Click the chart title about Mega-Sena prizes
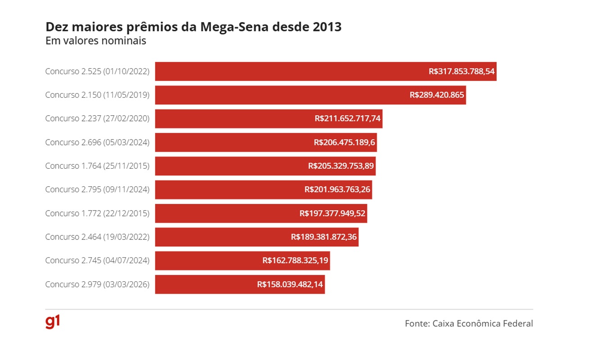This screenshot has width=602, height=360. tap(194, 27)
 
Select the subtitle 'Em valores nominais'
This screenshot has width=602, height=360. tap(95, 40)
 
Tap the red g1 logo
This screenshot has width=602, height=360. tap(53, 322)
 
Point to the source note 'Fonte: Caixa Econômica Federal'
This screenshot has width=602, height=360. tap(469, 324)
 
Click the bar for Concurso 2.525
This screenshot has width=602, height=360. tap(288, 72)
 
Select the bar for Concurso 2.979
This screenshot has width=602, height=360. tap(203, 284)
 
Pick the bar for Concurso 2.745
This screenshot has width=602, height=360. tap(207, 261)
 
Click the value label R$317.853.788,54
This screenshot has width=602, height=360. tap(462, 72)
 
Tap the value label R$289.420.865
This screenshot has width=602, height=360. tap(437, 95)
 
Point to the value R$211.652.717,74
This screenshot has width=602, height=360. tap(348, 119)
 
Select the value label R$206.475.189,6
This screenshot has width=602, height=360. tap(344, 143)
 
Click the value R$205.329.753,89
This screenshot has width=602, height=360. tap(341, 166)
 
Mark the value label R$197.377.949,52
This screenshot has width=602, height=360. tap(332, 213)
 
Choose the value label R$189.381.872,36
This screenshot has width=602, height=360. tap(324, 237)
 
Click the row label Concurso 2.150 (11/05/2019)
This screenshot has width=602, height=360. tap(97, 95)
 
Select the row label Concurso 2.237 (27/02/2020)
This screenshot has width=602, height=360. tap(97, 119)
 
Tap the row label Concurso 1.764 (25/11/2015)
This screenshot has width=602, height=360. tap(97, 166)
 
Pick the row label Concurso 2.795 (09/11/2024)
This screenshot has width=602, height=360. tap(97, 190)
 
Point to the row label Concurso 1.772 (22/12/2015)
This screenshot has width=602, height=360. tap(97, 213)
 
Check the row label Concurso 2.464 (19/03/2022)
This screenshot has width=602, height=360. tap(97, 237)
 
